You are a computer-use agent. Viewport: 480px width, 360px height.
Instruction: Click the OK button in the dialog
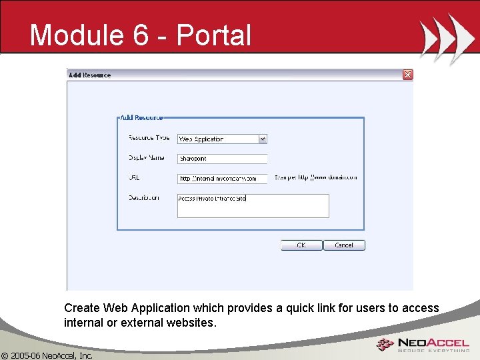301,245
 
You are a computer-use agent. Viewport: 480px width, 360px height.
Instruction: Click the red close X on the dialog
407,75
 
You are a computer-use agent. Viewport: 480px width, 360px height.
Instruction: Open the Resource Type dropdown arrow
263,139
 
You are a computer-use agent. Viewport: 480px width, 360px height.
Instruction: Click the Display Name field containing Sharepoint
222,159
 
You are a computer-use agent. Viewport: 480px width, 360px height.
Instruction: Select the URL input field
222,179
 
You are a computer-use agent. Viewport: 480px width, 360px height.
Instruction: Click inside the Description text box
253,205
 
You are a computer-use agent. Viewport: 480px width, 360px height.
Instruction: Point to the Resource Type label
149,138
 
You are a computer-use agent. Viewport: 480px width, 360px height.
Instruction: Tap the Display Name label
147,158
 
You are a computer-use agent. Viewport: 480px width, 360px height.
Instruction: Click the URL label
134,178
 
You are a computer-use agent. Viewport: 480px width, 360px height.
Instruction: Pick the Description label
144,197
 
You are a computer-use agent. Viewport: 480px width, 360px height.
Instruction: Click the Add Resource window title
90,75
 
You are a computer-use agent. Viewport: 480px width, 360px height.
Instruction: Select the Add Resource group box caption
141,117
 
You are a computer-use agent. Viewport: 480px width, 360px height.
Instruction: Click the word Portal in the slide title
214,35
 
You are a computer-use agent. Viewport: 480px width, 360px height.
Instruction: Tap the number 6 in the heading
141,35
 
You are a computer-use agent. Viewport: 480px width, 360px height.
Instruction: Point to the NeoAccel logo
423,345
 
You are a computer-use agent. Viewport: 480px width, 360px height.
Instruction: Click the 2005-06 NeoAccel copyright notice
47,355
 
